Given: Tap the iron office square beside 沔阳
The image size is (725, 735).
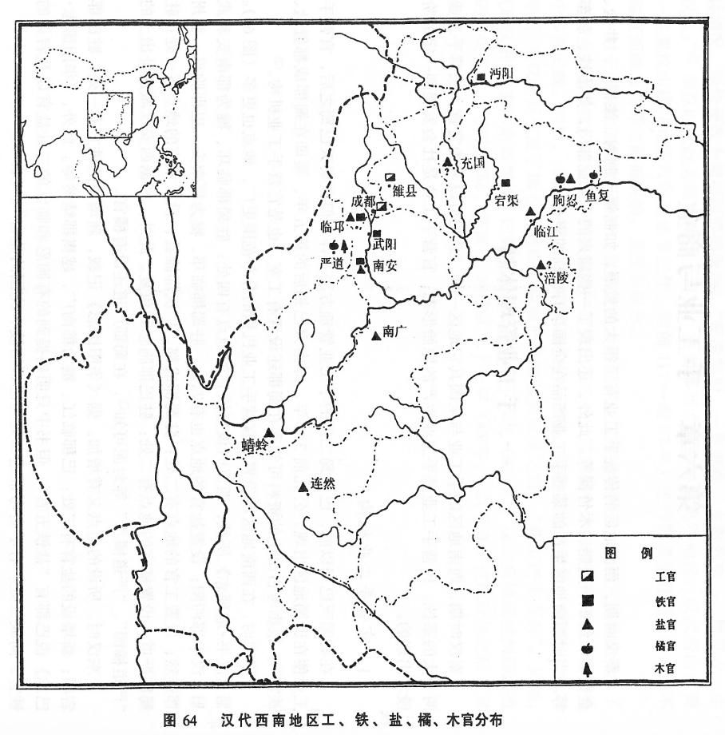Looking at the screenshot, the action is pyautogui.click(x=481, y=77).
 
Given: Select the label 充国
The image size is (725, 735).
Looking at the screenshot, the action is pyautogui.click(x=473, y=163).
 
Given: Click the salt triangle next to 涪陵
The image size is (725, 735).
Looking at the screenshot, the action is pyautogui.click(x=541, y=265).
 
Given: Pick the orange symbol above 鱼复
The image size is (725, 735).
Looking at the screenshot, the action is pyautogui.click(x=592, y=176).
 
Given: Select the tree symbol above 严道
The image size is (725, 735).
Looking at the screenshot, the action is pyautogui.click(x=344, y=246).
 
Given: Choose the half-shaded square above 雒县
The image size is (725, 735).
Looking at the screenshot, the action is pyautogui.click(x=390, y=177).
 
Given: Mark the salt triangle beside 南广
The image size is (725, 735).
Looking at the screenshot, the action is pyautogui.click(x=375, y=336).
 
